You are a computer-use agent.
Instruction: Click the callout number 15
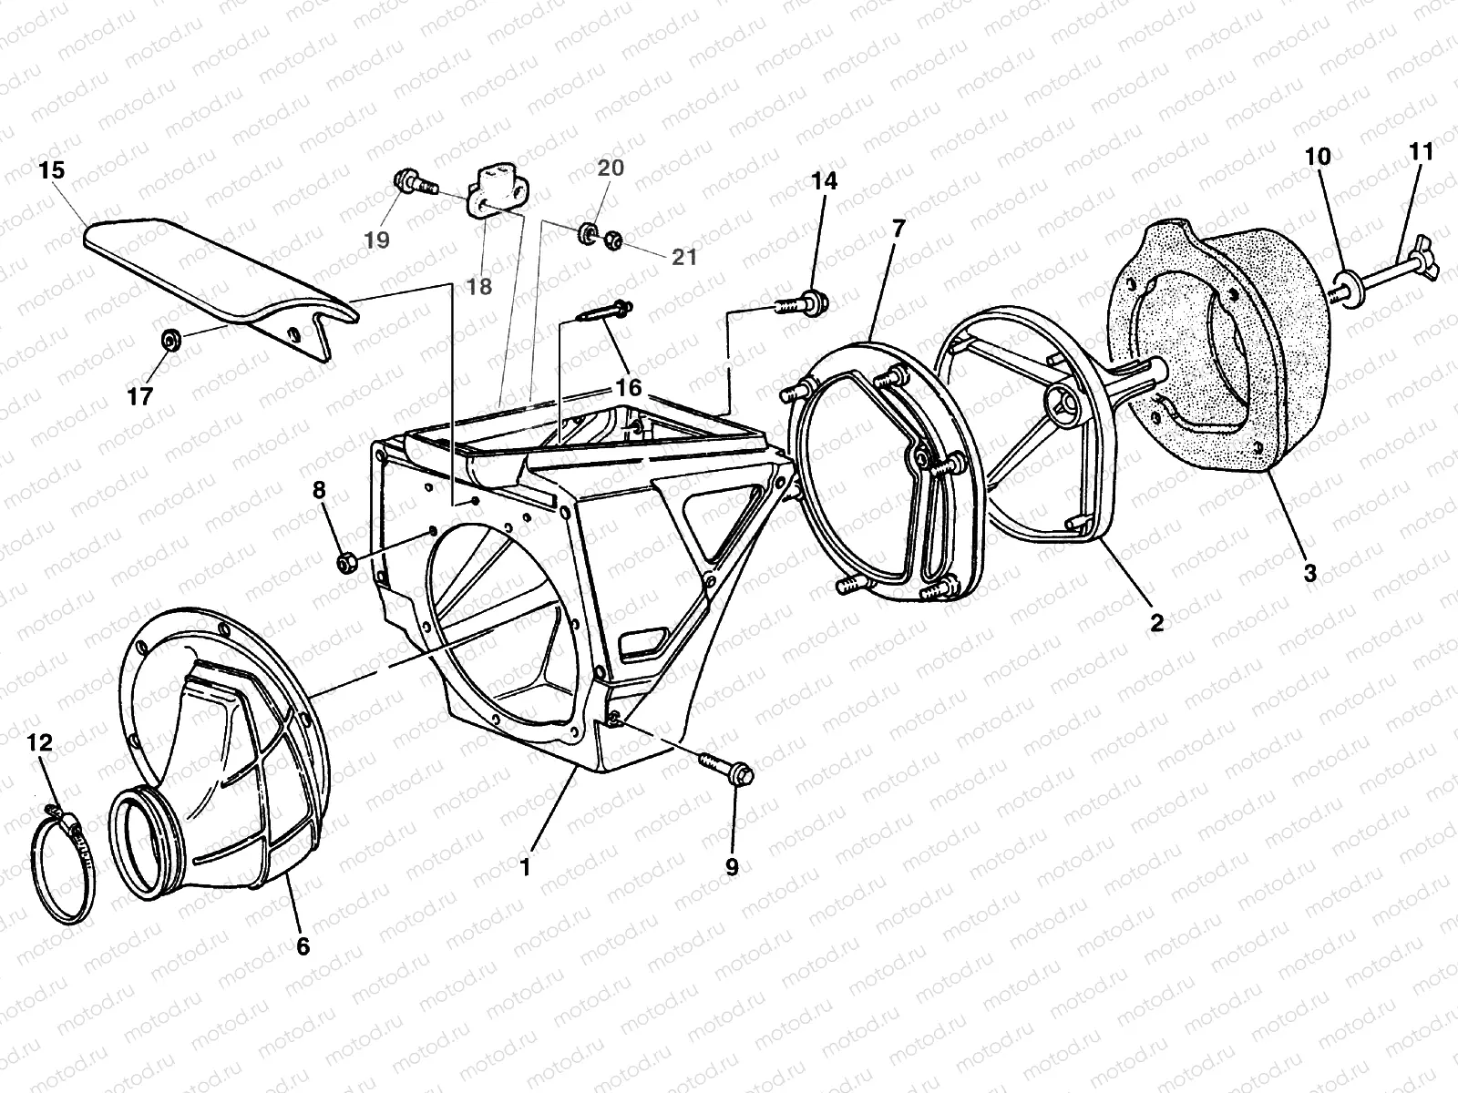[x=53, y=170]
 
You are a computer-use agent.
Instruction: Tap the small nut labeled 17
[x=169, y=340]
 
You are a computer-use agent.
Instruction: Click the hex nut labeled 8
[x=346, y=561]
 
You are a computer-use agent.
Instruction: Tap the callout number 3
[x=1309, y=574]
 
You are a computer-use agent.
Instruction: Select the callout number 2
[x=1155, y=623]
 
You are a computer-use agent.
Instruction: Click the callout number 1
[x=525, y=867]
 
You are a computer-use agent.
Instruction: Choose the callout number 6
[x=303, y=946]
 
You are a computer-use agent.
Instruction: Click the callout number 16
[x=628, y=388]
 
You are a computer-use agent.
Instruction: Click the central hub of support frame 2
[x=1063, y=397]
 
